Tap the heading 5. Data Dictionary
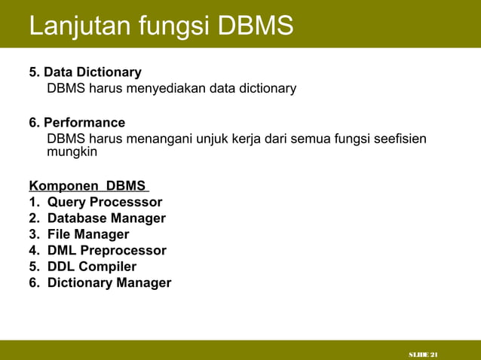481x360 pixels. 85,72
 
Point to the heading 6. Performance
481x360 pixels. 77,123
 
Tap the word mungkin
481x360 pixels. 72,152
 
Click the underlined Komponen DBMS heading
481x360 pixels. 88,186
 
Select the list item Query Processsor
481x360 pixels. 105,202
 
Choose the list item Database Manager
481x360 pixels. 106,218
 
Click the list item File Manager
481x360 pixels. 88,234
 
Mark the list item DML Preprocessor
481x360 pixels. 106,251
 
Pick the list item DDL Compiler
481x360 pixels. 92,267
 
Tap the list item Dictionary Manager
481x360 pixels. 109,283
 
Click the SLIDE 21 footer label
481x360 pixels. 424,354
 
